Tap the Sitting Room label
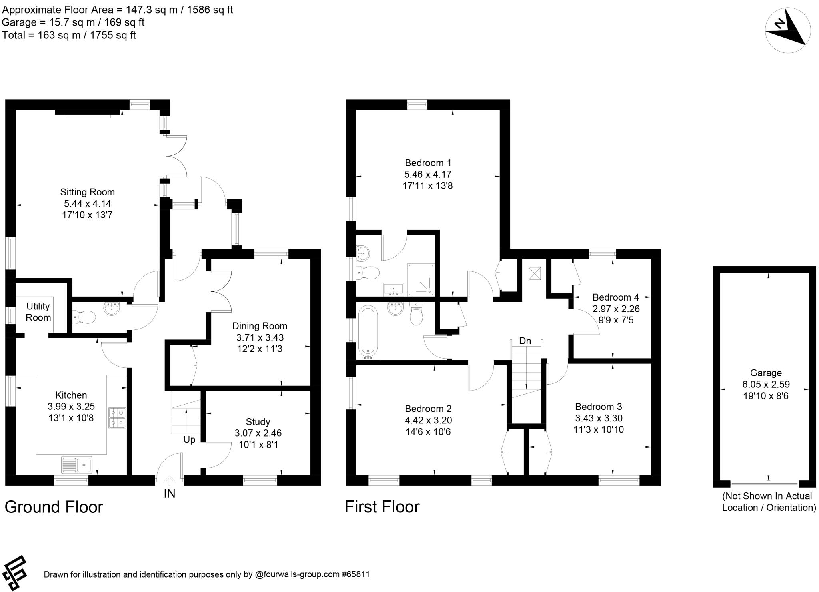point(87,192)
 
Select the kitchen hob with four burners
point(117,418)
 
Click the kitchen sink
point(77,465)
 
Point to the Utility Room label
point(38,312)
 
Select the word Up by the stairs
point(189,440)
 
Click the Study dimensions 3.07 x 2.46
point(258,433)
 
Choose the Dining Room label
point(260,326)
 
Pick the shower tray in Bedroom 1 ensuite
point(420,279)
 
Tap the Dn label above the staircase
point(525,341)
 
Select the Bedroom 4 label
point(615,297)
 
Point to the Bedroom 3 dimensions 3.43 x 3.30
point(599,418)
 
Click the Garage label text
point(765,373)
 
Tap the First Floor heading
point(382,507)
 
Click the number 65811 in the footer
point(358,575)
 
